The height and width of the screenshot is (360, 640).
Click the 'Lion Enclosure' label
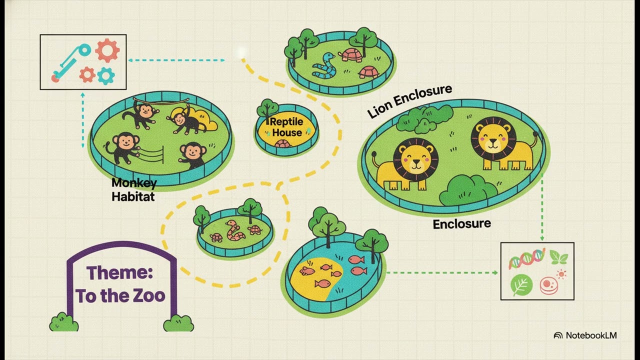(409, 101)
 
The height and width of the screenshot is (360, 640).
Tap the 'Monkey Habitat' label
(134, 189)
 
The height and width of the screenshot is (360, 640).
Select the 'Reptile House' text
(286, 127)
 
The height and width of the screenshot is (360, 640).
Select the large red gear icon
(107, 50)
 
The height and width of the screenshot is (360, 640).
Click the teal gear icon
(106, 76)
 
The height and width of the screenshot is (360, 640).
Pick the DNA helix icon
(526, 258)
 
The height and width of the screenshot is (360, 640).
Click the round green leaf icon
(521, 285)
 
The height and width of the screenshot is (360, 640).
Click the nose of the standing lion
(493, 141)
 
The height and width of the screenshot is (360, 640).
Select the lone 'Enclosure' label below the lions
(461, 224)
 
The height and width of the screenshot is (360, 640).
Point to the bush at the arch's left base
(63, 322)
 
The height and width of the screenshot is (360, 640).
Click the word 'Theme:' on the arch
(119, 273)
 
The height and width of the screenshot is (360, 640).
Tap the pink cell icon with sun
(552, 283)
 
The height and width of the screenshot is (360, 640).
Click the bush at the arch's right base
(178, 323)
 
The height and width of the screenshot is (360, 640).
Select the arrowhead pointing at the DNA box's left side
(495, 273)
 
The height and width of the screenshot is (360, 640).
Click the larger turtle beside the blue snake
(350, 55)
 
